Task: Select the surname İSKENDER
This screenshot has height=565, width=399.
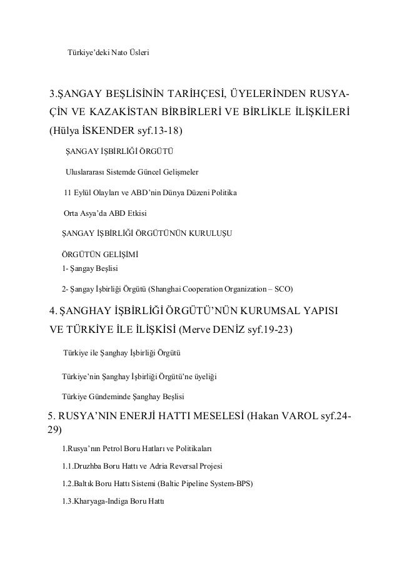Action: [x=111, y=131]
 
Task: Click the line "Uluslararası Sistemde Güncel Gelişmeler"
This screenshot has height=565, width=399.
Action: [x=134, y=171]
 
